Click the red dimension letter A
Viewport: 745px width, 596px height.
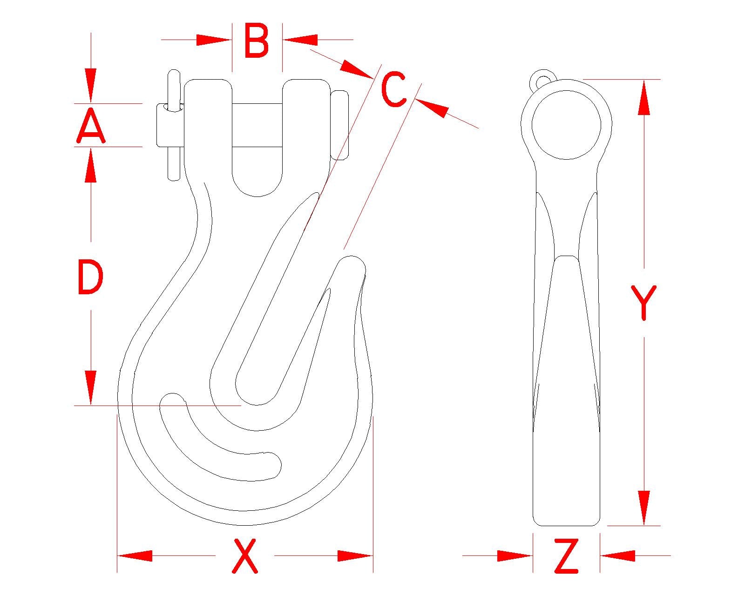coord(91,125)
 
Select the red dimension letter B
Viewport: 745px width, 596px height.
coord(256,40)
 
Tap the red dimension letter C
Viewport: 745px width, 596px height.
coord(393,88)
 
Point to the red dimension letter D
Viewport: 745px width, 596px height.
coord(91,277)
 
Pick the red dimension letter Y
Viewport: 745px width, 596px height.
coord(643,303)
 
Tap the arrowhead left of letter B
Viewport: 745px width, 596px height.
coord(214,40)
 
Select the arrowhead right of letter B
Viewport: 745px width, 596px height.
coord(300,40)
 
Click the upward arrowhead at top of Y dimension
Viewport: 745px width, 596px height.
coord(643,97)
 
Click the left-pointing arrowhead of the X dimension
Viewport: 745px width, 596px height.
coord(135,556)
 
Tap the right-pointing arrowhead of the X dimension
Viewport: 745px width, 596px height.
coord(355,556)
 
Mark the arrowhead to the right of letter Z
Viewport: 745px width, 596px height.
coord(617,556)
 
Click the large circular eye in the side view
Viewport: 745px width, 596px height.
coord(566,125)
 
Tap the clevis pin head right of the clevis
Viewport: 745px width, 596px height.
coord(339,125)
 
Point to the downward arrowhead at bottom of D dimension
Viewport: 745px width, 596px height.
coord(91,387)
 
